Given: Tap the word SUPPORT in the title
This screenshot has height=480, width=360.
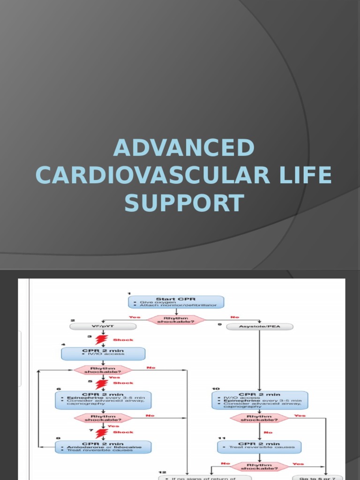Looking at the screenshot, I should [x=183, y=203].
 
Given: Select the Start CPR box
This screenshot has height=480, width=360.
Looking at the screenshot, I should [x=176, y=302].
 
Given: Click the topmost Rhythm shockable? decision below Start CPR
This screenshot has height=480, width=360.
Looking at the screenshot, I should [x=176, y=320].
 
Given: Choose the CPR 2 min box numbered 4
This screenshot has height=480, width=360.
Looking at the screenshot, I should [x=103, y=353].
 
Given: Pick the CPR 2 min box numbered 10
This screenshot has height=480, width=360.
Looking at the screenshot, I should [x=260, y=400].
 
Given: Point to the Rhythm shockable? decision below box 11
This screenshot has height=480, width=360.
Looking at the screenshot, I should [x=260, y=466].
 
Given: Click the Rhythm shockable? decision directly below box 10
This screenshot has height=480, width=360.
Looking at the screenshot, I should [x=259, y=418].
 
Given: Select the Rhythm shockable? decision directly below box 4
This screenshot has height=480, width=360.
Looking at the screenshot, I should [x=103, y=370].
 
